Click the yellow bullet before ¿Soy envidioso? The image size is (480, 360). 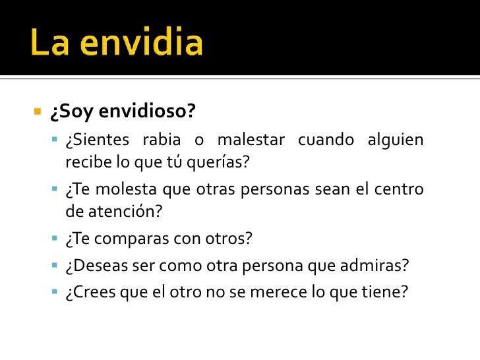pyautogui.click(x=38, y=110)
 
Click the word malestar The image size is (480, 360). pyautogui.click(x=251, y=140)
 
